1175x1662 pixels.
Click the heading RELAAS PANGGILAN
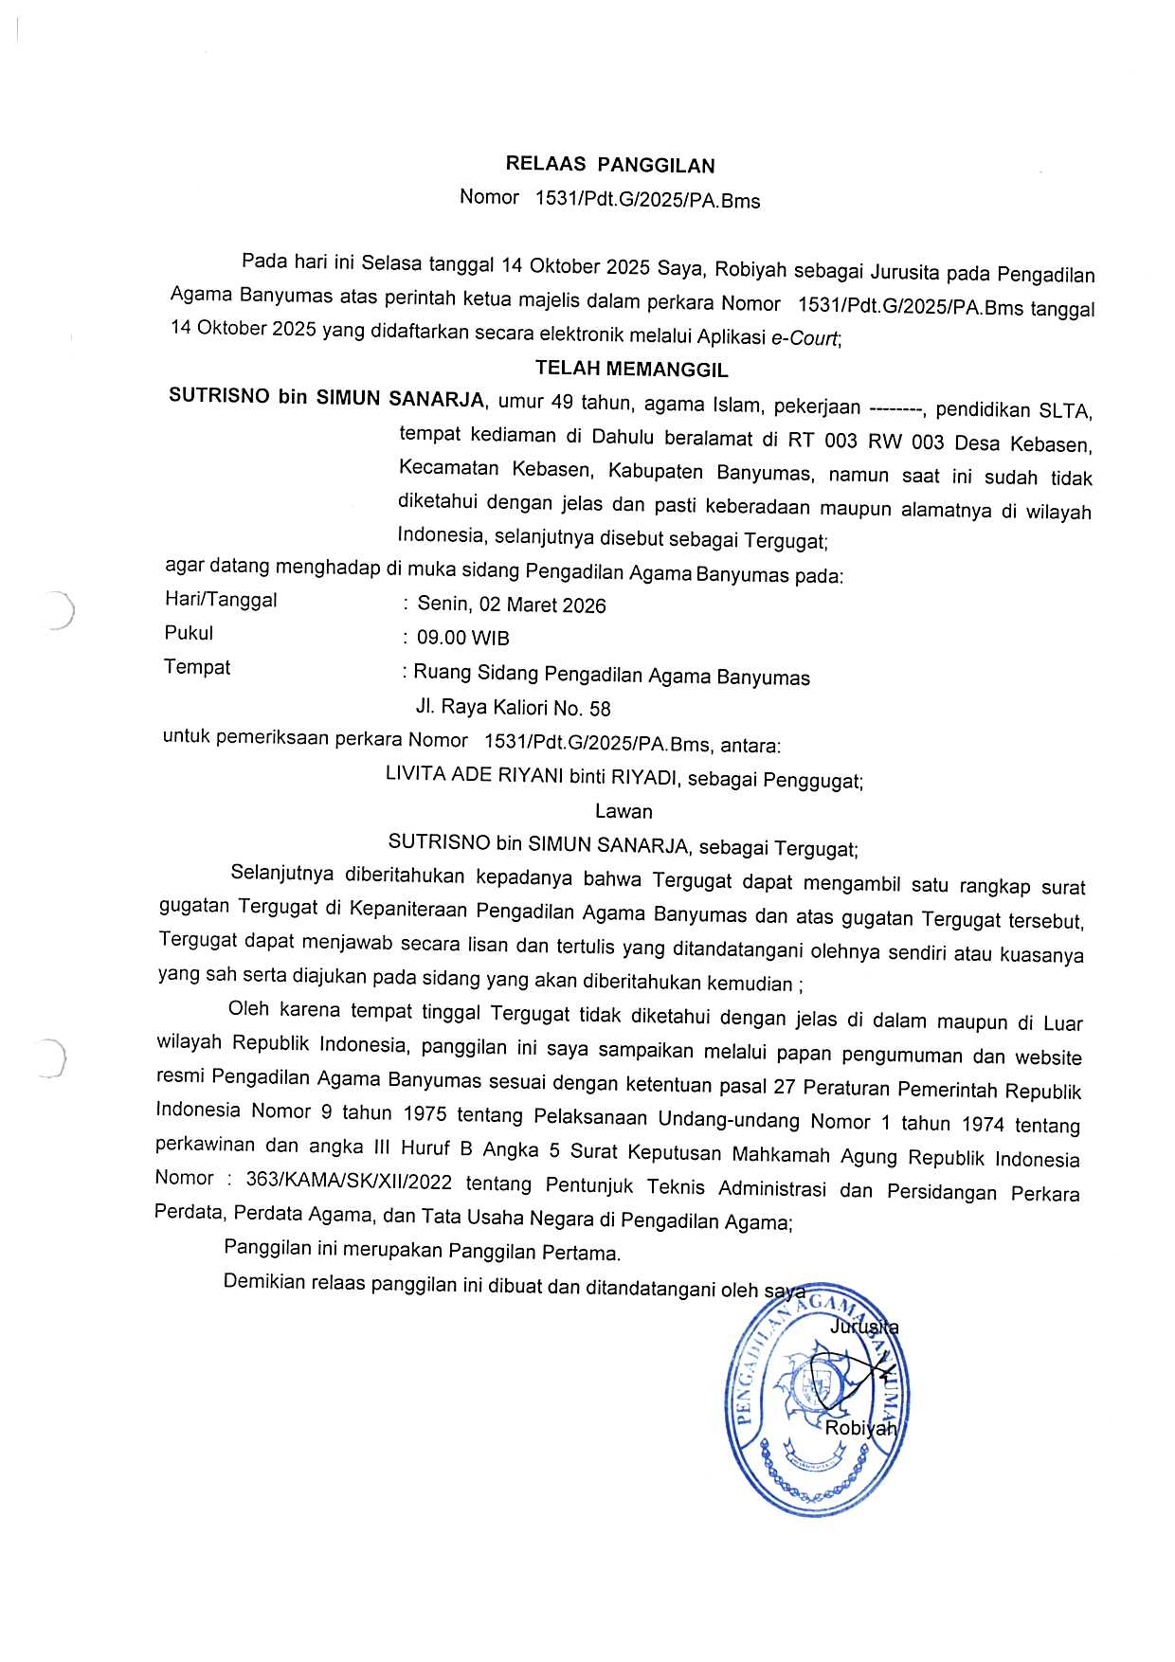(x=610, y=165)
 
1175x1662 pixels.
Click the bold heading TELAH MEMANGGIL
(x=631, y=369)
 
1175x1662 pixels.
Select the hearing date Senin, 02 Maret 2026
(x=512, y=605)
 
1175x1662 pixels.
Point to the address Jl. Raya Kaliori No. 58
(x=513, y=708)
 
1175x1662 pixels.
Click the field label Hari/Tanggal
(x=221, y=600)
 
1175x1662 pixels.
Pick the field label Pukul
(x=189, y=633)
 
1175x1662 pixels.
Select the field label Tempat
(x=197, y=667)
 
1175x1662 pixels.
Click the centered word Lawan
(x=624, y=811)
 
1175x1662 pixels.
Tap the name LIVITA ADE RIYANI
(x=474, y=775)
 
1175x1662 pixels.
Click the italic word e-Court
(x=805, y=337)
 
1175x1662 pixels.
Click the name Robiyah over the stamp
(x=860, y=1428)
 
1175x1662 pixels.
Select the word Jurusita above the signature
(x=864, y=1328)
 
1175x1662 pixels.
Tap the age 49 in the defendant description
(x=562, y=402)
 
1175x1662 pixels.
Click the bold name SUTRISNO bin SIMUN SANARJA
(x=326, y=397)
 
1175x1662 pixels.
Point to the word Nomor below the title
(x=489, y=197)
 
